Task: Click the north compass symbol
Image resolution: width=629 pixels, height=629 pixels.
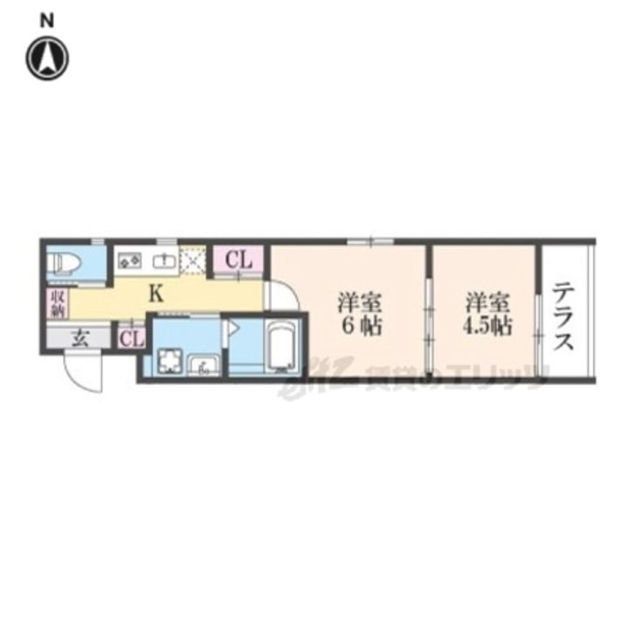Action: (x=47, y=59)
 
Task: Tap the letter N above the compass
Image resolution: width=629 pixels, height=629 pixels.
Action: (x=47, y=18)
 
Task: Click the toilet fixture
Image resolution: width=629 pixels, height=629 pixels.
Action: (x=64, y=262)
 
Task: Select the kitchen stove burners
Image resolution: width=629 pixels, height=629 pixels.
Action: (x=129, y=259)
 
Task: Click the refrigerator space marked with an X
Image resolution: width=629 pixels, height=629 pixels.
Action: (x=193, y=259)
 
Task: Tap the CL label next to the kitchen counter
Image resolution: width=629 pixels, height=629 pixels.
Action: (x=238, y=259)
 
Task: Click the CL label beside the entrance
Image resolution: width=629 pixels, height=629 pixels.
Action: (x=132, y=338)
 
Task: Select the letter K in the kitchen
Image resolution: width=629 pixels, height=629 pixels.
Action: (x=155, y=294)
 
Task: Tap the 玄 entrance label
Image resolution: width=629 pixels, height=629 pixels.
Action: (x=79, y=338)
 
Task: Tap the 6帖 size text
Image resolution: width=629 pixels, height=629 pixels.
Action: (x=360, y=328)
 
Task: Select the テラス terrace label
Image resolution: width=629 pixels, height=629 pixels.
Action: (x=564, y=315)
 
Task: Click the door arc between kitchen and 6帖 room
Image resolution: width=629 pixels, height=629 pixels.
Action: (x=277, y=296)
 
